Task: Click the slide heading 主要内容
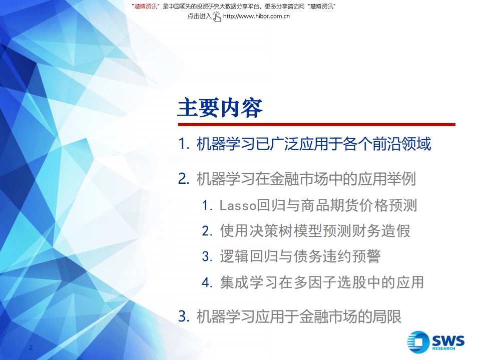pyautogui.click(x=220, y=107)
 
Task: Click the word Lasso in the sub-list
pyautogui.click(x=238, y=205)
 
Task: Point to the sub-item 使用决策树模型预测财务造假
pyautogui.click(x=315, y=231)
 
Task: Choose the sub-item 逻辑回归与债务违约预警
pyautogui.click(x=300, y=256)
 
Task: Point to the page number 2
pyautogui.click(x=31, y=347)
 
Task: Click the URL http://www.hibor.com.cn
pyautogui.click(x=256, y=16)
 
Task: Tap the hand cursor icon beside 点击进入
pyautogui.click(x=217, y=16)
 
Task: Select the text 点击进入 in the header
pyautogui.click(x=199, y=16)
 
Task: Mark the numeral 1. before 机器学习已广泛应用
pyautogui.click(x=184, y=145)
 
